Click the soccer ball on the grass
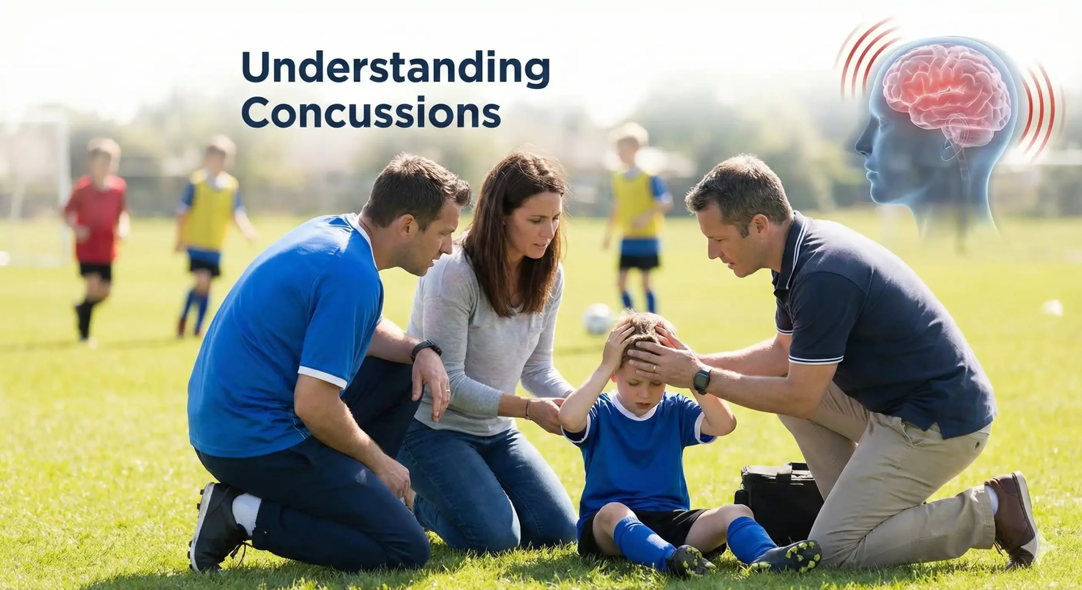point(598,319)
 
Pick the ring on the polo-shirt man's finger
point(655,368)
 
